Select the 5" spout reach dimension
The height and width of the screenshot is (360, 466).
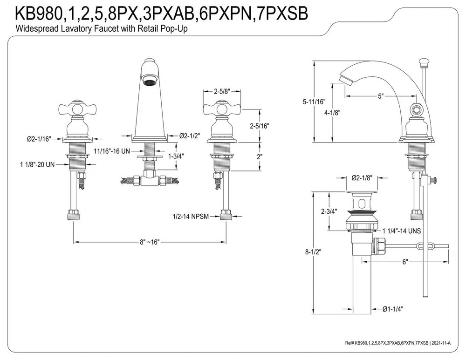pos(381,96)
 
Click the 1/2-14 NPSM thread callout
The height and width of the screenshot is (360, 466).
pos(190,216)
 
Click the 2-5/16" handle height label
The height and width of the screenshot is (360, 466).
pos(260,126)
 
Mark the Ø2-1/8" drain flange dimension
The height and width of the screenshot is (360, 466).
pos(362,177)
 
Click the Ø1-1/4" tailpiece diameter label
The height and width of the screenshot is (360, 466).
pos(393,308)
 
